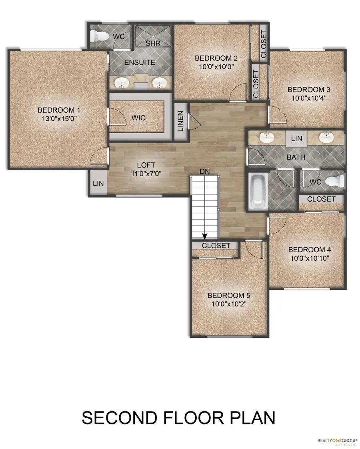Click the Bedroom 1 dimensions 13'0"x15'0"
pyautogui.click(x=56, y=119)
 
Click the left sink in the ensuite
pyautogui.click(x=121, y=83)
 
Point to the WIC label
pyautogui.click(x=138, y=118)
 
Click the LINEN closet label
pyautogui.click(x=180, y=121)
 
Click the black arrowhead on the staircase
pyautogui.click(x=205, y=235)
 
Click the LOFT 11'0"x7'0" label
pyautogui.click(x=146, y=169)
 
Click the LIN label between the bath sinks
pyautogui.click(x=296, y=139)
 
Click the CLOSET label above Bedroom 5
pyautogui.click(x=216, y=245)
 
